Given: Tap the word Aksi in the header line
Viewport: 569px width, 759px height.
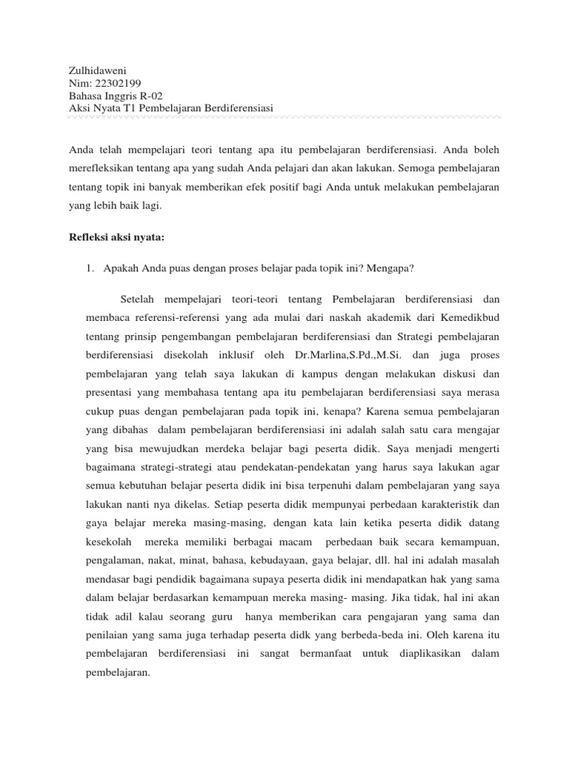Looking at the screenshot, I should click(79, 109).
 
